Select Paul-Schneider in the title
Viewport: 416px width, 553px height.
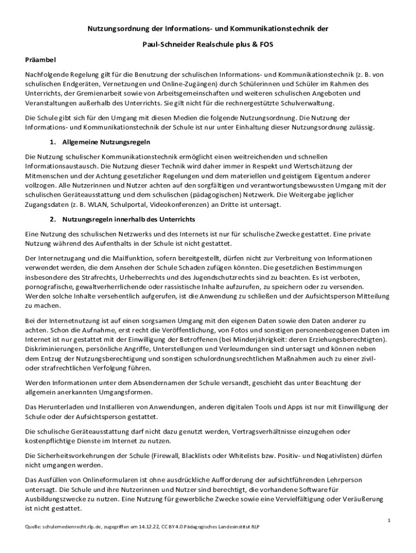click(162, 43)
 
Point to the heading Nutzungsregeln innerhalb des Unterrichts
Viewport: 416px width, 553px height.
click(129, 220)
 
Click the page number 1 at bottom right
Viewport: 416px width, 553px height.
click(388, 520)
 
